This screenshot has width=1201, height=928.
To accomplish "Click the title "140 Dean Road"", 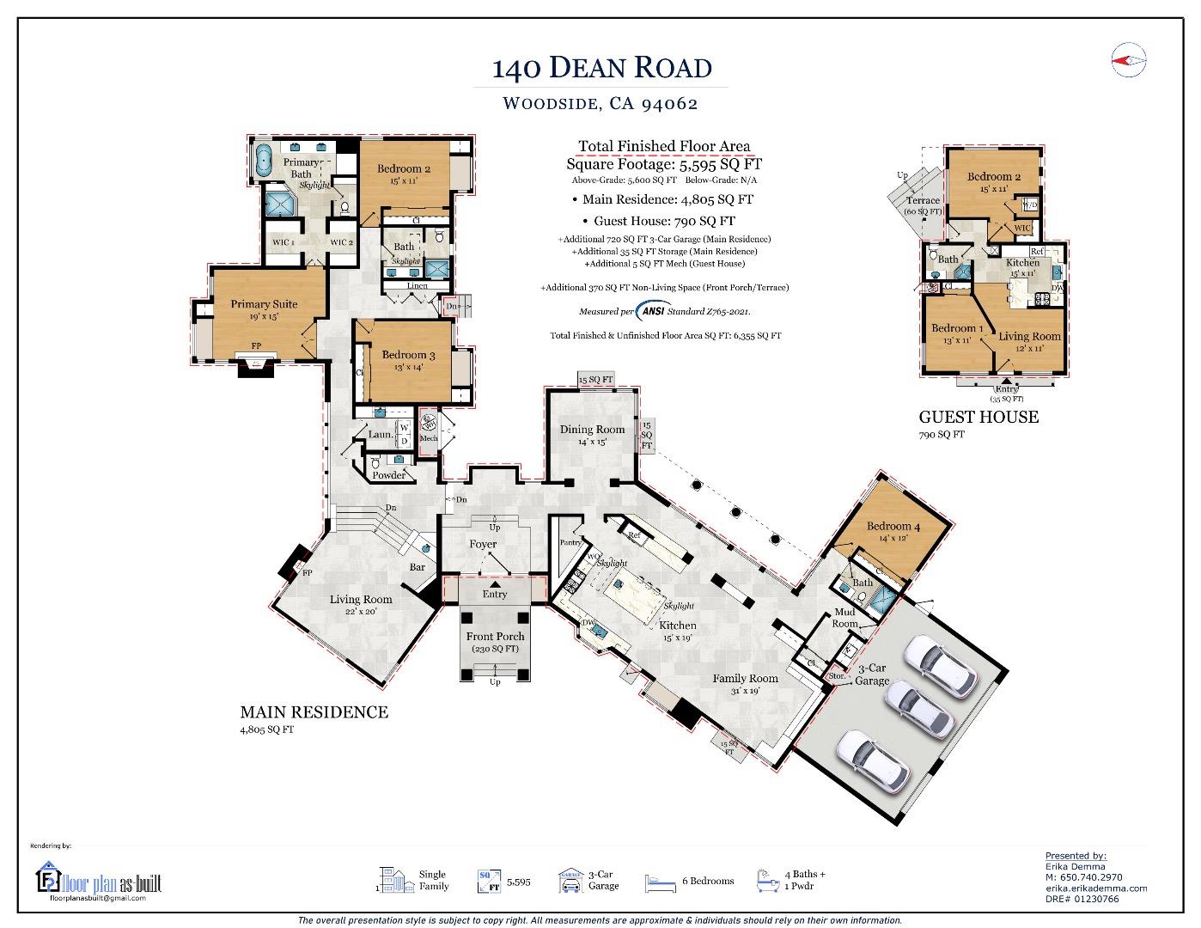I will pos(601,67).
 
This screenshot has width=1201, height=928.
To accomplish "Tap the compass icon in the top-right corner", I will pos(1129,58).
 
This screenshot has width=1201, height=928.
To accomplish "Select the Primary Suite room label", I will pos(264,304).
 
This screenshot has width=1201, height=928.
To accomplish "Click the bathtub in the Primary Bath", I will pos(265,160).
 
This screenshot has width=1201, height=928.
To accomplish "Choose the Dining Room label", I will pos(592,430).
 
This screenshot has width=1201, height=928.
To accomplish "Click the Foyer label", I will pos(483,544).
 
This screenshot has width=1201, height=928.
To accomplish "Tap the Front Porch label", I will pos(495,637).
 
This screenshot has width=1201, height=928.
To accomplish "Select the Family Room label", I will pos(745,678).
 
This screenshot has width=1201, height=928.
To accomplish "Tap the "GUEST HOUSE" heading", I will pos(978,417).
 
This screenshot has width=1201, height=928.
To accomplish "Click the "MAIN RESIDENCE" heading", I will pos(314,711).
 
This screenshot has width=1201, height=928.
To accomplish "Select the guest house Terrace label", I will pos(924,200).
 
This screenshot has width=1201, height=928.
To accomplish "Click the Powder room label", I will pos(388,475).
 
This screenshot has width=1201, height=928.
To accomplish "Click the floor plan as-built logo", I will pos(99,881).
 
